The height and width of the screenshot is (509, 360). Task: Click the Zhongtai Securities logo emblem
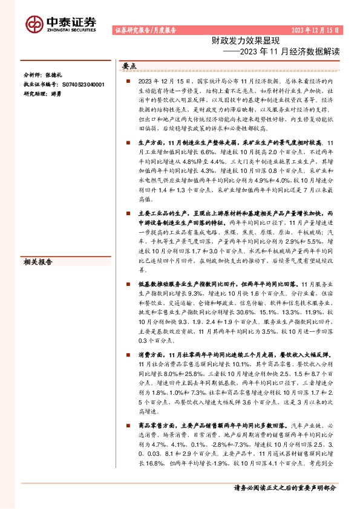coord(34,23)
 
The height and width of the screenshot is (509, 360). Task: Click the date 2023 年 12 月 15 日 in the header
coord(315,29)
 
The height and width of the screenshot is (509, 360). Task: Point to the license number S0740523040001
coord(84,85)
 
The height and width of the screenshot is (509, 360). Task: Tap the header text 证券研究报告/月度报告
coord(145,30)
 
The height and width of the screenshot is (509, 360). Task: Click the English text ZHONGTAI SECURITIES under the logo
coord(71,28)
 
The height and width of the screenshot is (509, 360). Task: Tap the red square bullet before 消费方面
coord(129,354)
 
